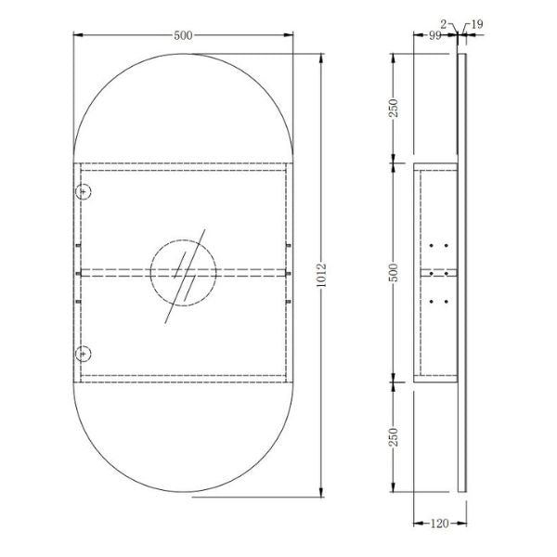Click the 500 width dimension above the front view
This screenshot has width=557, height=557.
[x=183, y=35]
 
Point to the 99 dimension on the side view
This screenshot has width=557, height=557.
[x=434, y=35]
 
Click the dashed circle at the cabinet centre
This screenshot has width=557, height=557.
[x=183, y=272]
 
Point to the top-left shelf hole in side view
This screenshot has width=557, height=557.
[x=434, y=245]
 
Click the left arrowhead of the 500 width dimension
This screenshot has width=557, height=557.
[x=75, y=35]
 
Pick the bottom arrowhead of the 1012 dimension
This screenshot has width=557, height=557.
[x=322, y=493]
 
